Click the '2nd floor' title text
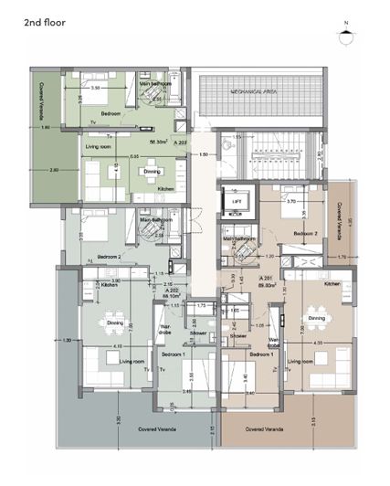click(x=30, y=17)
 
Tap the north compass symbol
click(x=345, y=37)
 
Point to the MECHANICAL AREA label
click(x=255, y=92)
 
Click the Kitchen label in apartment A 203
click(x=165, y=188)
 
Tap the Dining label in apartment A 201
click(x=316, y=318)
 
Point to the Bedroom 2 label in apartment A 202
click(x=110, y=257)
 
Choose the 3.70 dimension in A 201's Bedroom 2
click(x=291, y=200)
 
